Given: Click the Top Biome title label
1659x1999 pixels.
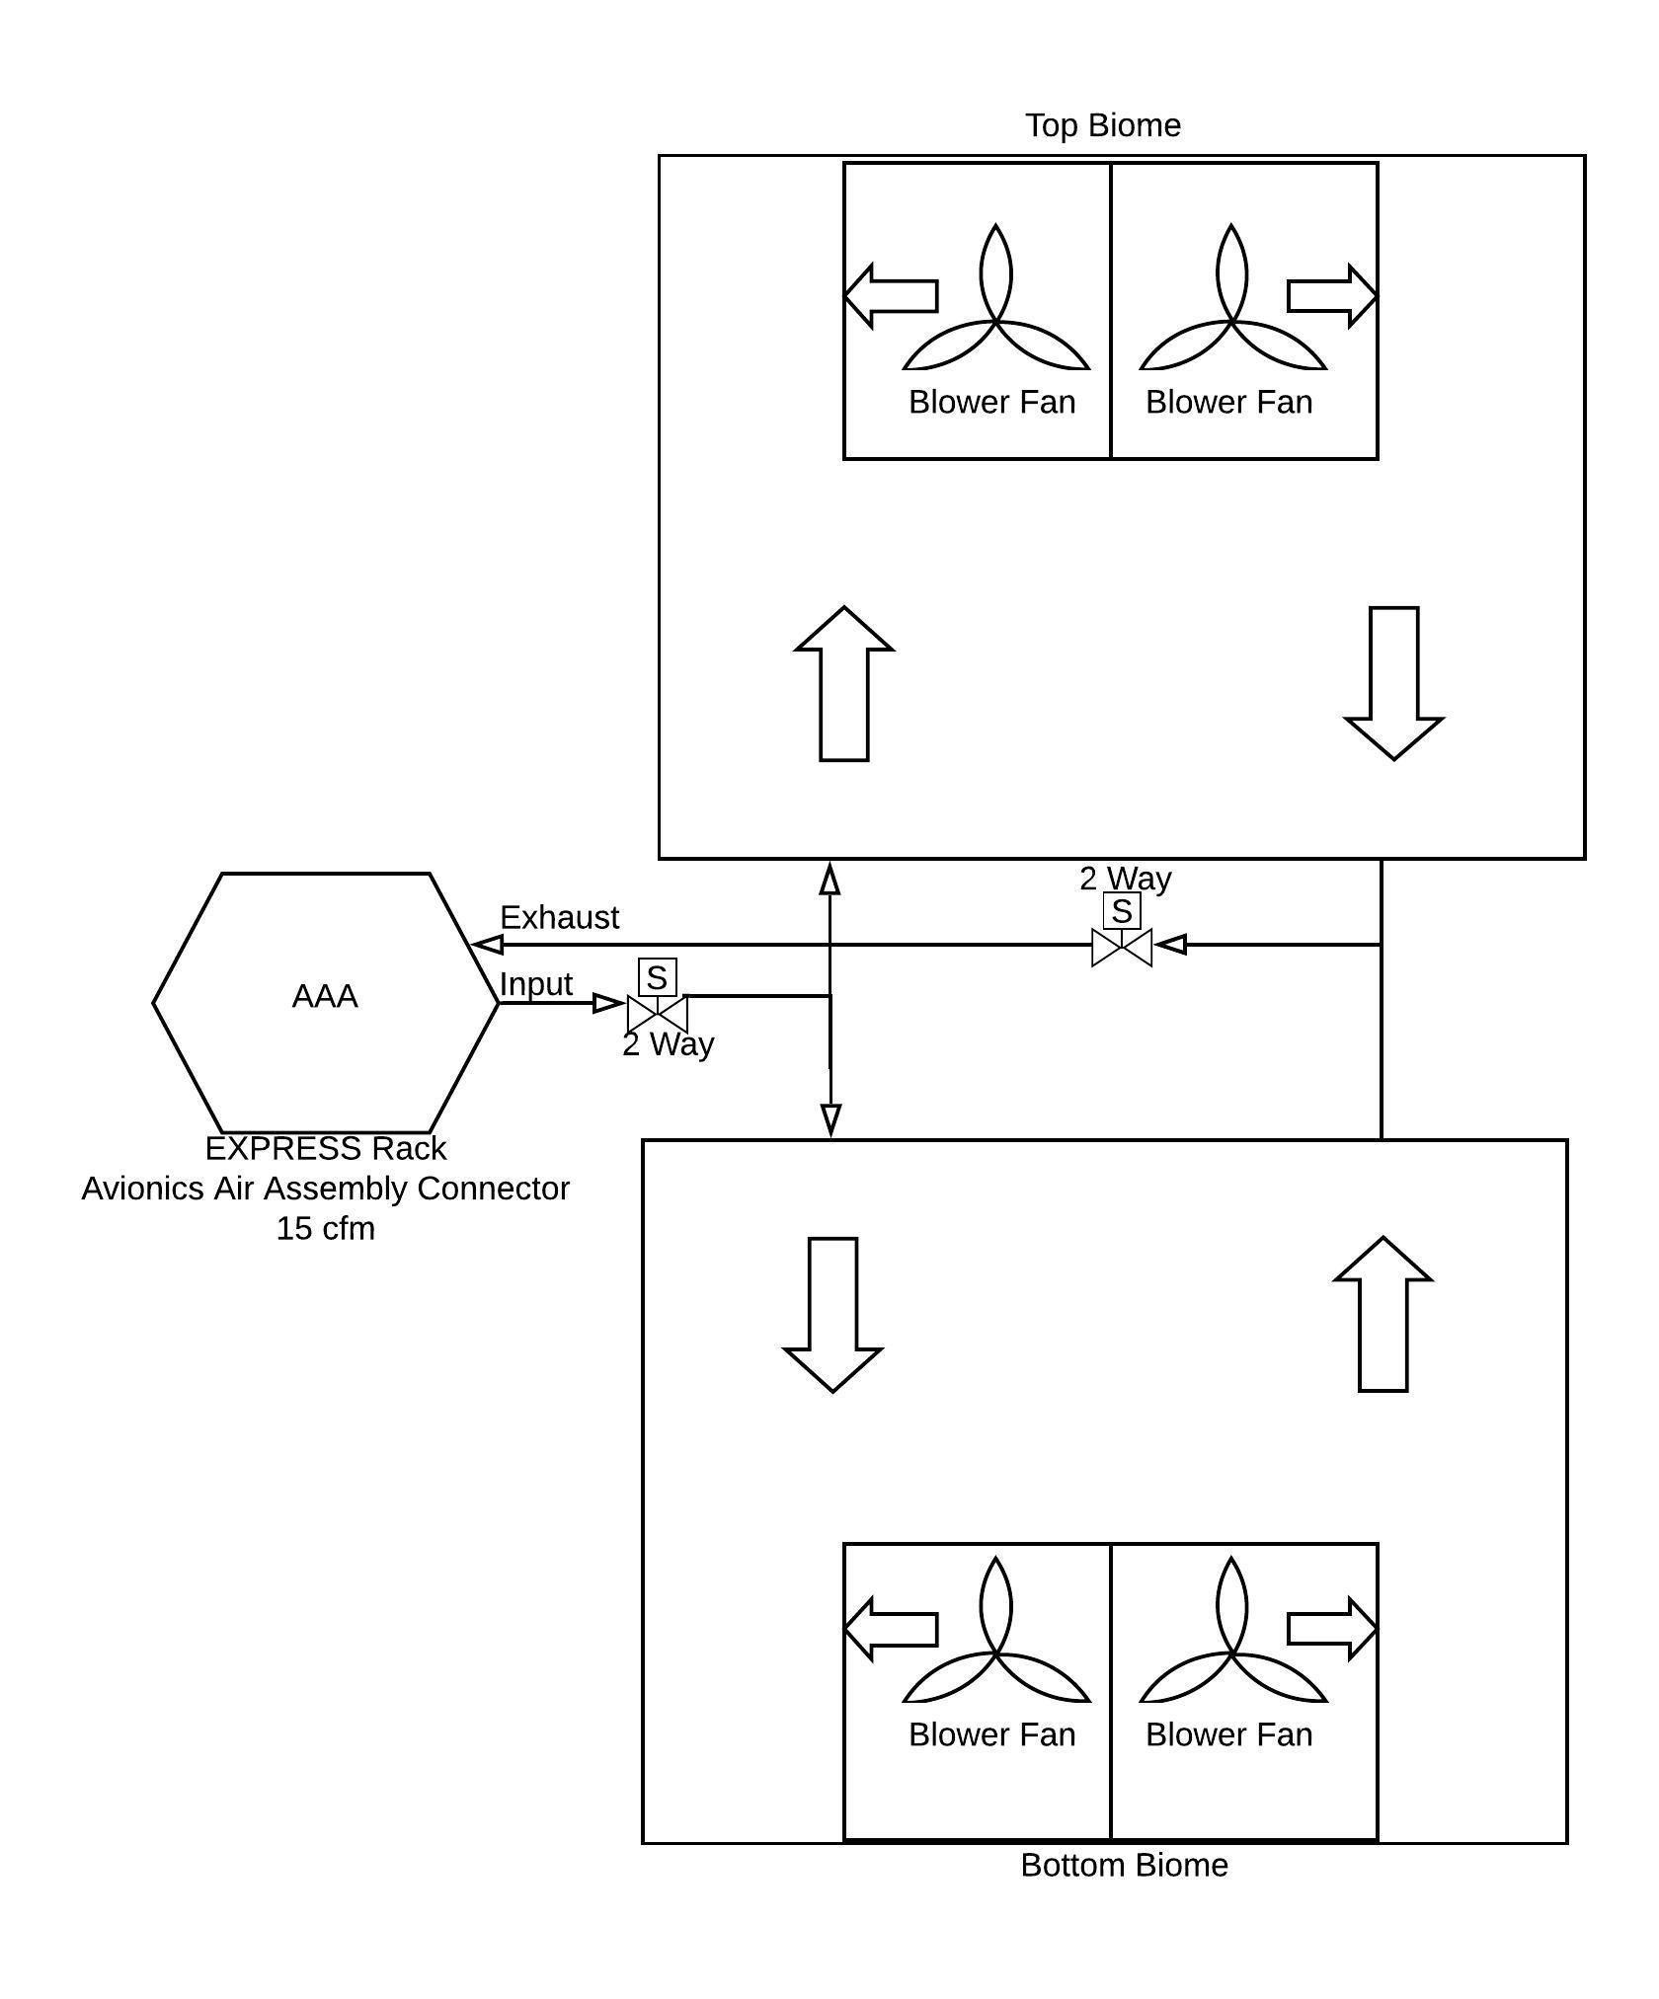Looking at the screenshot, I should point(1102,125).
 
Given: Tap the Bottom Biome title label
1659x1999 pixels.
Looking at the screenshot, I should point(1124,1865).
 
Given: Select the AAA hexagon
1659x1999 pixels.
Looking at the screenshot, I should point(325,1002).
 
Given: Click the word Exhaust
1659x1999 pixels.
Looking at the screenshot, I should point(559,917).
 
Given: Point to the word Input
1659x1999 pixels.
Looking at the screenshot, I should point(535,984).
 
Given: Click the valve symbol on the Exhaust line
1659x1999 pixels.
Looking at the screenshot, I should point(1122,947).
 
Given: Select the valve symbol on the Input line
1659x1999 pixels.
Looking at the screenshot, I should point(657,1013).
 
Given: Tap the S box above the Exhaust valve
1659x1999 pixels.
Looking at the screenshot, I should point(1122,910).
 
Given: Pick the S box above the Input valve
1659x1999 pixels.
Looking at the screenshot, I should point(658,977).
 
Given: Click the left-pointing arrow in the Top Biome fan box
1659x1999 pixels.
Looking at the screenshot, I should point(891,295).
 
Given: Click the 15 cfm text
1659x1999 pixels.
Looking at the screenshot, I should point(325,1228).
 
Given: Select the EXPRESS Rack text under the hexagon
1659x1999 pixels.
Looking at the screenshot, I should point(325,1148).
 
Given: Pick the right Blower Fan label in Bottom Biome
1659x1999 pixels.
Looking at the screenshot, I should point(1228,1733).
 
